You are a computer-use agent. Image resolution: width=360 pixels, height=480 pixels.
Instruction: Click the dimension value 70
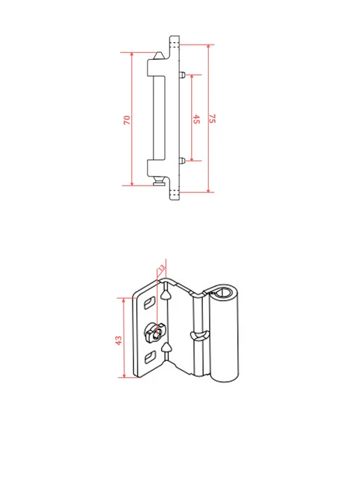[127, 120]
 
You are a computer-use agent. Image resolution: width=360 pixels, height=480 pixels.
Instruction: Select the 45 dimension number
[196, 119]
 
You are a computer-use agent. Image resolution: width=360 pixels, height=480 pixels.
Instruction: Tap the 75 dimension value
[212, 119]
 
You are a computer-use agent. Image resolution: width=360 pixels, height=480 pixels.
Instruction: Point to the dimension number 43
[119, 340]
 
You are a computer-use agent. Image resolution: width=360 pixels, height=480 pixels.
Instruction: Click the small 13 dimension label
[161, 267]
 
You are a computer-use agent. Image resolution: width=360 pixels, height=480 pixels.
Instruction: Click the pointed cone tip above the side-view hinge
[159, 56]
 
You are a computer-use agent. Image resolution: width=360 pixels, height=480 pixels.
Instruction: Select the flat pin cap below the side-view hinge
[159, 183]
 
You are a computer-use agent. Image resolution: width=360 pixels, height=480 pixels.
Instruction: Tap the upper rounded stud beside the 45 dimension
[181, 75]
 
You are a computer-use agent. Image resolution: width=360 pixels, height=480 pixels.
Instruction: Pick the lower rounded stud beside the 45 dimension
[181, 160]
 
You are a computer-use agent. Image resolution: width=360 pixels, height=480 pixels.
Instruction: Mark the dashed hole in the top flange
[174, 42]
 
